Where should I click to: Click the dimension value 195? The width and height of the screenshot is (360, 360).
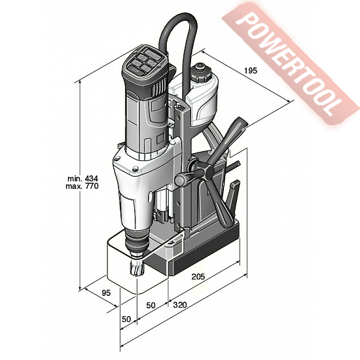[x=251, y=71]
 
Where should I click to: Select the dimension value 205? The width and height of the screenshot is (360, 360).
[x=198, y=277]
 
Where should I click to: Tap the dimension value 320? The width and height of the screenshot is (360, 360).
[x=180, y=305]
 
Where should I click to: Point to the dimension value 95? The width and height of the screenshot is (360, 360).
[x=106, y=293]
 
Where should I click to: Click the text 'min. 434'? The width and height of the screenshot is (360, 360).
[x=82, y=179]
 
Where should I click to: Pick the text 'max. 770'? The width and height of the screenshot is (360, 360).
[x=82, y=186]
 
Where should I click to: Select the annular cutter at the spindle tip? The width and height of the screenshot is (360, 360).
[x=137, y=268]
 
